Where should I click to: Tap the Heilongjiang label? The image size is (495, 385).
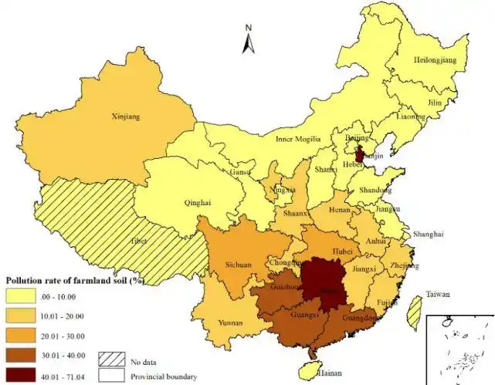[436, 59]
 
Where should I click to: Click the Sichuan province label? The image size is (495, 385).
[238, 265]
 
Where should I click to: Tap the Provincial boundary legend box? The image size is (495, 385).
[112, 376]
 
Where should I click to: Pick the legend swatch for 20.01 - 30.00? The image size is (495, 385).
[23, 335]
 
